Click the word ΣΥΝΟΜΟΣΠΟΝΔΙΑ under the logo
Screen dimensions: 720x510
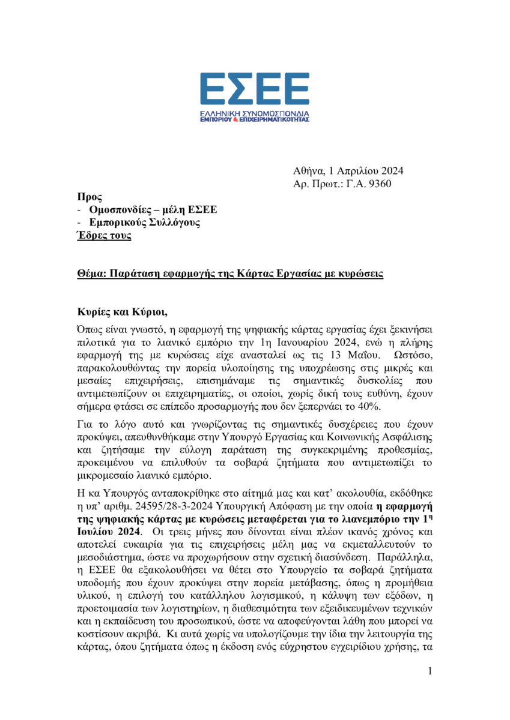[275, 113]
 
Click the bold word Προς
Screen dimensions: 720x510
[90, 197]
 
